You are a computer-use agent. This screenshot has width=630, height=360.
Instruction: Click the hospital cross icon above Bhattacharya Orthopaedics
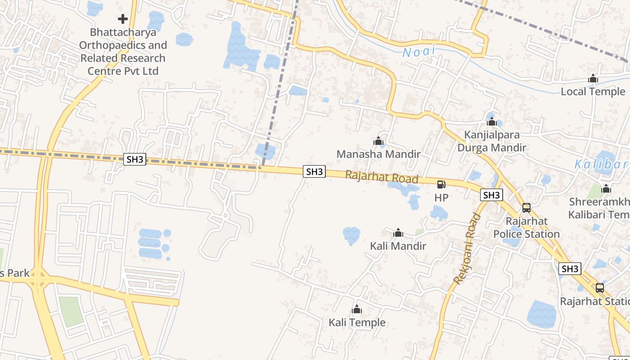[122, 19]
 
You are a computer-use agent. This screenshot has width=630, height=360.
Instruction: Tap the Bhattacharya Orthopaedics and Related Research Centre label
[123, 52]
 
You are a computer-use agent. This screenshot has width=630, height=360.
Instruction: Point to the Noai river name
[419, 51]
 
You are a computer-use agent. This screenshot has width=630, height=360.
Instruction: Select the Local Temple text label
[593, 92]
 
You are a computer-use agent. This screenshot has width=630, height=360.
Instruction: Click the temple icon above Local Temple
[593, 79]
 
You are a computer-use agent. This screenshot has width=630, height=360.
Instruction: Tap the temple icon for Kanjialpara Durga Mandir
[491, 121]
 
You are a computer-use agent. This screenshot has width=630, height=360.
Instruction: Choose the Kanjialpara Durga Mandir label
[491, 141]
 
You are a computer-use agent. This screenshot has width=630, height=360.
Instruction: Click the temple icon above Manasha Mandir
[378, 141]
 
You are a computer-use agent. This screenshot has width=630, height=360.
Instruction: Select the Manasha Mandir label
[378, 154]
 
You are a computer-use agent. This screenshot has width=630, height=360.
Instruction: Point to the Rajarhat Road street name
[382, 176]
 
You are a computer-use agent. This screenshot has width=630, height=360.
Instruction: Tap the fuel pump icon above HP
[441, 184]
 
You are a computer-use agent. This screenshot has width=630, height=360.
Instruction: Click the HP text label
[441, 198]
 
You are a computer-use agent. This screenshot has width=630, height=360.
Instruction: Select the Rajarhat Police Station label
[526, 228]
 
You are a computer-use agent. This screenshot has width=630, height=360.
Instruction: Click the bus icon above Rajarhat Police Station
[526, 208]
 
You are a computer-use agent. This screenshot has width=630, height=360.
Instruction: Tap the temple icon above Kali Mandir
[398, 233]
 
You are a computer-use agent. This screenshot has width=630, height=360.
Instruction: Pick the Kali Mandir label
[398, 246]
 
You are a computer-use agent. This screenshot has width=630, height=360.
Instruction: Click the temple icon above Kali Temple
[357, 309]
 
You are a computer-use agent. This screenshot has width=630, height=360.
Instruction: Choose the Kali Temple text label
[357, 323]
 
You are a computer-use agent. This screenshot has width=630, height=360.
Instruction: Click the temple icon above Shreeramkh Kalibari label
[606, 189]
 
